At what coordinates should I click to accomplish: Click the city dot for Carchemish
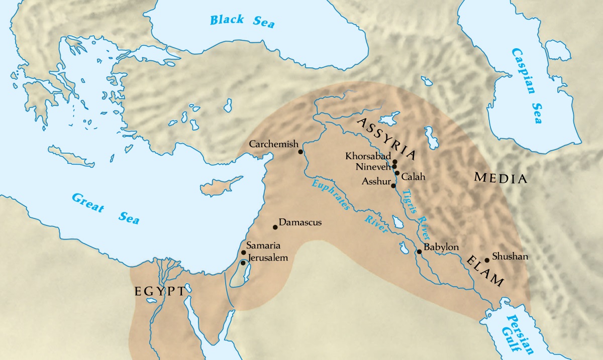point(300,152)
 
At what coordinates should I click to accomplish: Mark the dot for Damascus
point(275,227)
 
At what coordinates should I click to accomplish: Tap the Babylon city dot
point(419,252)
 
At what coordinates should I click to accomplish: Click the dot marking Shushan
point(486,260)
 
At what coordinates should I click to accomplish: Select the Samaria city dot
point(244,253)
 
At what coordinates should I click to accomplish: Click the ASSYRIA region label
point(386,136)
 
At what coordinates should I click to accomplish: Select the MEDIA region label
point(500,179)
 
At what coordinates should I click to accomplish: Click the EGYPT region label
point(160,292)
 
